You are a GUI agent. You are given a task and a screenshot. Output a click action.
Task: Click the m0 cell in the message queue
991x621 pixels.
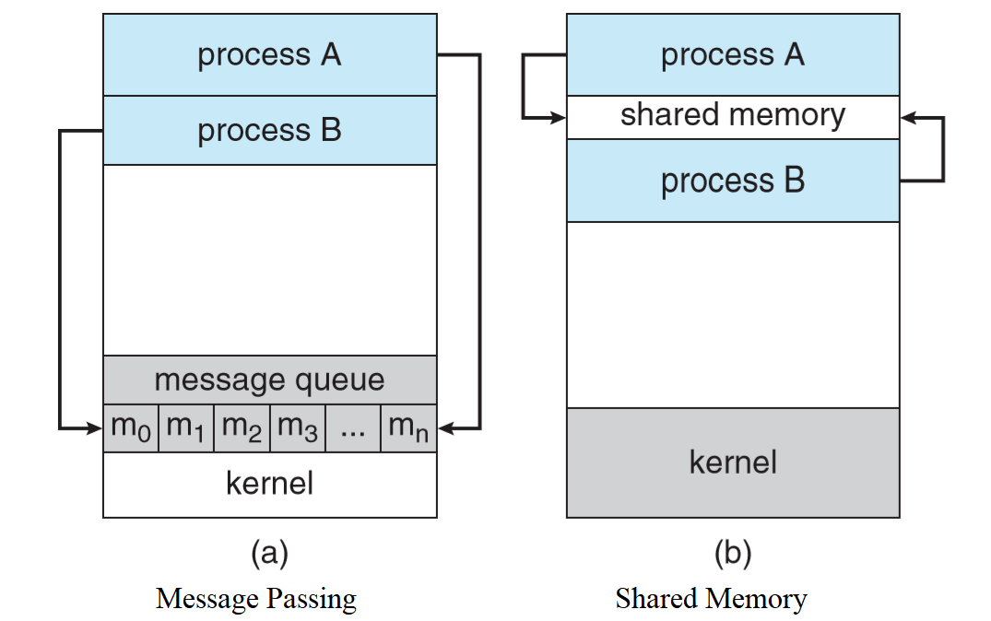click(x=131, y=428)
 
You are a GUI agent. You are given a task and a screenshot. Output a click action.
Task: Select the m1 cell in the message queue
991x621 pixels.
click(x=186, y=428)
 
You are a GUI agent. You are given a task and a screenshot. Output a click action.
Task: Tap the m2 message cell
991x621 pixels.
click(x=242, y=428)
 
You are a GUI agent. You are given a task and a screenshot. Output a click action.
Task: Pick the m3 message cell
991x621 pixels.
click(x=298, y=428)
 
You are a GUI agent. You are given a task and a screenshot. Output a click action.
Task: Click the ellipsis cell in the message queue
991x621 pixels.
click(x=353, y=428)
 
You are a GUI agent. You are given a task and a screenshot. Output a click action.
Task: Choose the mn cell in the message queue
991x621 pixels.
click(x=408, y=428)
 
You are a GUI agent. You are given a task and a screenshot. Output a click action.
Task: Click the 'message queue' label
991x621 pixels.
click(x=269, y=380)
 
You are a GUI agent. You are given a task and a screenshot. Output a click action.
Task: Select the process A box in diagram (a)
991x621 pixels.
click(x=269, y=55)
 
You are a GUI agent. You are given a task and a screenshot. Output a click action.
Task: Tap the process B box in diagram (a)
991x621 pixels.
click(x=269, y=131)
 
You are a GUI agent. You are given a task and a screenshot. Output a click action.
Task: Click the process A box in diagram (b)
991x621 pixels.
click(x=733, y=55)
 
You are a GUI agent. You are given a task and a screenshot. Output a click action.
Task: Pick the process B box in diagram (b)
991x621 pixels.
click(x=733, y=181)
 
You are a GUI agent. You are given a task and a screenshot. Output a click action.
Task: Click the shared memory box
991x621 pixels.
click(x=733, y=117)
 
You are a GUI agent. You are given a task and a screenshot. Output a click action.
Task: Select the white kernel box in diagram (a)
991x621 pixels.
click(x=269, y=484)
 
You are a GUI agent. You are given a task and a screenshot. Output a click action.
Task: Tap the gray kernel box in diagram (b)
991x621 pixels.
click(x=733, y=462)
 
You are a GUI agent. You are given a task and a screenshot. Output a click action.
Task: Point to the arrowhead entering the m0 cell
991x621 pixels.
click(x=95, y=428)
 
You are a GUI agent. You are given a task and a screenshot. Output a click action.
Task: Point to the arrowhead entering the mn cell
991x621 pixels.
click(x=445, y=428)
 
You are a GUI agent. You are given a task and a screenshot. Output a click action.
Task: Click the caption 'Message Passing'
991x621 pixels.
click(x=256, y=599)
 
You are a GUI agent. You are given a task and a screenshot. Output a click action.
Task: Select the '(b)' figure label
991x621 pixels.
click(x=733, y=554)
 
